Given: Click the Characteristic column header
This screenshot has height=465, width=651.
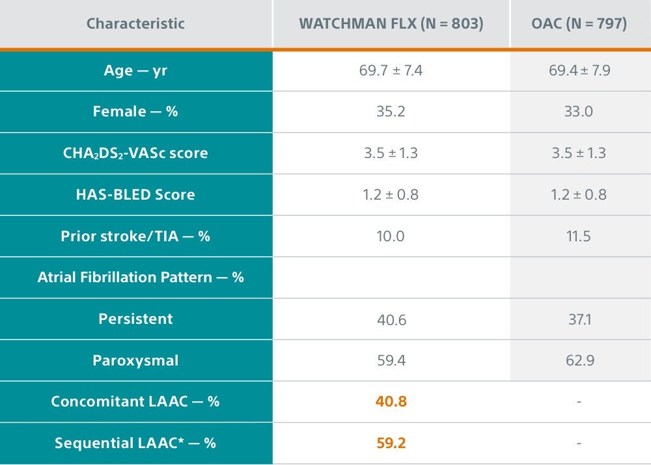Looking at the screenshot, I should (x=135, y=24).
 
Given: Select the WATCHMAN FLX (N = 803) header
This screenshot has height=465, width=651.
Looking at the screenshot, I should (x=391, y=24).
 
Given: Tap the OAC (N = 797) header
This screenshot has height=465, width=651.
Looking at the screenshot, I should (x=579, y=24).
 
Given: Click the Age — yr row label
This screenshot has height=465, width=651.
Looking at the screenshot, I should (x=135, y=70).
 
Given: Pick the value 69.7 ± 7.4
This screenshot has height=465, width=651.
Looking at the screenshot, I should (x=391, y=70).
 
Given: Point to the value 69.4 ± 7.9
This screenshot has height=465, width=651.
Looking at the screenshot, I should (x=579, y=70).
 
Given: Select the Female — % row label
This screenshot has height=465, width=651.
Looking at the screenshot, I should (x=135, y=111).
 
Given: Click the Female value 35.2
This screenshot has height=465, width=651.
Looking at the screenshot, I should (x=391, y=111).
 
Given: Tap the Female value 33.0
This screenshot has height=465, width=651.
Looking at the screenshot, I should (x=579, y=111).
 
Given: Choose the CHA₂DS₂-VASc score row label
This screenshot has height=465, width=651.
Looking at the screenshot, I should (x=135, y=153).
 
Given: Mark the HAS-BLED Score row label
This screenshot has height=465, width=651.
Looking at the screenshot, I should (x=135, y=194).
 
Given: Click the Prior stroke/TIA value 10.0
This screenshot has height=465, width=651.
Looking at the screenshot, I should (x=391, y=235).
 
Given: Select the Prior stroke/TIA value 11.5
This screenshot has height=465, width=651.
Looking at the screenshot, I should (x=579, y=235).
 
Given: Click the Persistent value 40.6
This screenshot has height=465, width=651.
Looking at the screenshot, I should (x=391, y=319).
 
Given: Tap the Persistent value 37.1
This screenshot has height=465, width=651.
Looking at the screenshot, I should (x=579, y=319).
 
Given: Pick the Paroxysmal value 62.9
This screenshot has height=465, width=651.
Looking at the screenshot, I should (x=579, y=360).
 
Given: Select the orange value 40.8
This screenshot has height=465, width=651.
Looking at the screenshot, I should (x=391, y=401).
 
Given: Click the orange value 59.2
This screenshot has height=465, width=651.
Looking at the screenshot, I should (x=391, y=443).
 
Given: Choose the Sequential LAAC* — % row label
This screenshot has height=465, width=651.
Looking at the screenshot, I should (x=135, y=443).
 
